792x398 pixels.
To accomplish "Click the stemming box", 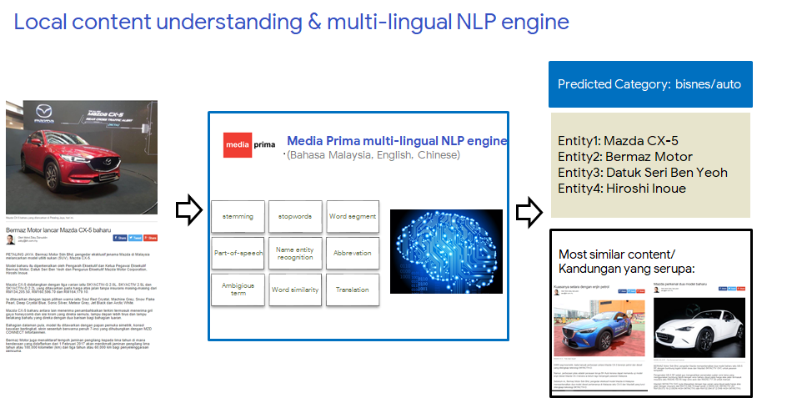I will tap(238, 217).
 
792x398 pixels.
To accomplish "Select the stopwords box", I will tap(295, 217).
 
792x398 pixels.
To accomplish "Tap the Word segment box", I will tap(353, 217).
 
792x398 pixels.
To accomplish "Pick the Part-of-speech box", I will tap(238, 253).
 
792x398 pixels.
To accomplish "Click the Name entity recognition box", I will tap(295, 253).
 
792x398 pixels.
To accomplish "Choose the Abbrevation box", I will tap(353, 253).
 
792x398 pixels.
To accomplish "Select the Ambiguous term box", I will tap(238, 290).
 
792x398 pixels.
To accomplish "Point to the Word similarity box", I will tap(295, 290).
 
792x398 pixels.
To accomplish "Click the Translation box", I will tap(353, 290).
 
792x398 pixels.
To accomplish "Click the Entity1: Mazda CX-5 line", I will tap(618, 140).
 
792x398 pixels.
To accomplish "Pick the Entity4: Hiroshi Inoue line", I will tap(622, 188).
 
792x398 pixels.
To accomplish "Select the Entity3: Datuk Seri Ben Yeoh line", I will tap(643, 172).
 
